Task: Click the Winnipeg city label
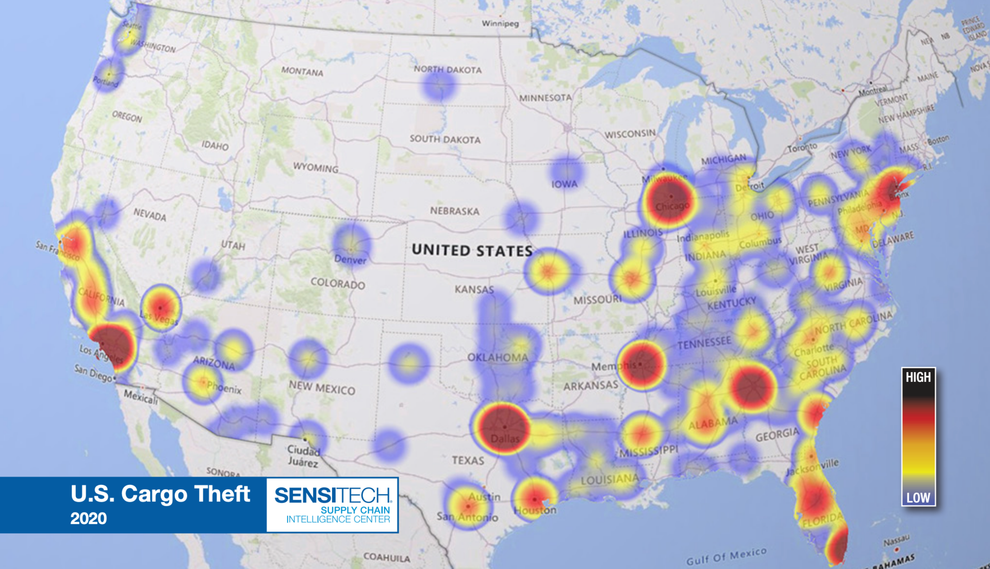(500, 23)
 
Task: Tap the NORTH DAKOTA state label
(448, 69)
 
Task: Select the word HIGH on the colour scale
(918, 378)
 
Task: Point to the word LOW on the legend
(918, 498)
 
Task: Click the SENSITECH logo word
(333, 496)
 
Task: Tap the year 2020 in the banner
(89, 518)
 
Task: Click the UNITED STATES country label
(472, 251)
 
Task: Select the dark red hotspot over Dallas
(503, 428)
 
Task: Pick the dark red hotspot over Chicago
(669, 199)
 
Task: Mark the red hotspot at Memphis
(641, 364)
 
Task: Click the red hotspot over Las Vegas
(161, 308)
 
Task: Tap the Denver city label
(350, 259)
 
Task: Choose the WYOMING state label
(316, 167)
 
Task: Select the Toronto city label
(802, 148)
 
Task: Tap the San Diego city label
(93, 372)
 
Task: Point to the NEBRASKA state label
(454, 211)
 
